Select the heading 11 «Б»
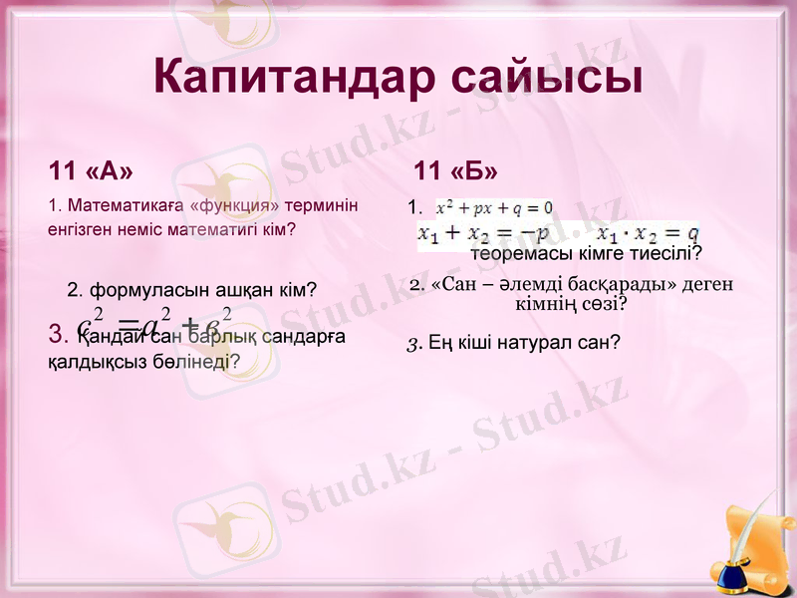coord(455,170)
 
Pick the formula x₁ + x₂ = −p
coord(483,233)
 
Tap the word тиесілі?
coord(664,254)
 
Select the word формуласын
coord(140,290)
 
